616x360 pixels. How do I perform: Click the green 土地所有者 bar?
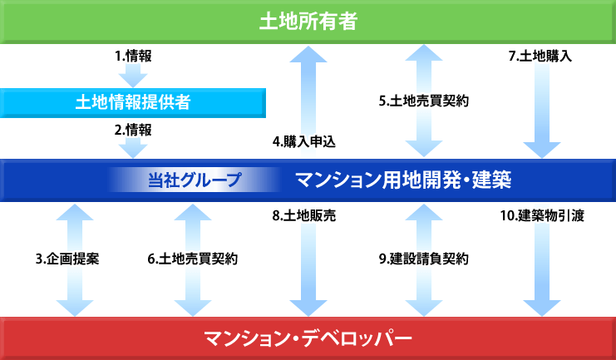click(308, 22)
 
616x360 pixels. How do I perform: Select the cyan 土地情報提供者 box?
click(133, 103)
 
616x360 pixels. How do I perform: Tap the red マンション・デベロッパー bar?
click(308, 338)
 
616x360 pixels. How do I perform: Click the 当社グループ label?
click(195, 180)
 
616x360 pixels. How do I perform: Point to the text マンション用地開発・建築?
click(403, 180)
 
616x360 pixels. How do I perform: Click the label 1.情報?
click(133, 57)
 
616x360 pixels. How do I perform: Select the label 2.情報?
click(133, 130)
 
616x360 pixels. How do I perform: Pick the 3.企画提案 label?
click(67, 259)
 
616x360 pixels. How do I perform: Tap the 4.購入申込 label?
click(304, 141)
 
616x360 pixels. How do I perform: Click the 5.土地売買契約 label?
click(424, 101)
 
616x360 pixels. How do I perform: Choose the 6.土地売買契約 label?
click(193, 259)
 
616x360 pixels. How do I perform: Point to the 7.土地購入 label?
click(540, 57)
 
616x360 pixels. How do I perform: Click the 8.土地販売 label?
click(304, 216)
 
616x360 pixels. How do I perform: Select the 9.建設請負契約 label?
click(424, 259)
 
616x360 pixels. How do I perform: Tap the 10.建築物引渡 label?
click(542, 216)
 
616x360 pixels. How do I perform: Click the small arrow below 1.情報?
click(133, 76)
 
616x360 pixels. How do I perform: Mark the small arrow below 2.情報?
click(133, 147)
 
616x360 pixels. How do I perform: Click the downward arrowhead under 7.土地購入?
click(542, 150)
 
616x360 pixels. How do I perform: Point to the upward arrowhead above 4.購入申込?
click(308, 54)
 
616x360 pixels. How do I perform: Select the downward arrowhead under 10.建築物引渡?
click(542, 308)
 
